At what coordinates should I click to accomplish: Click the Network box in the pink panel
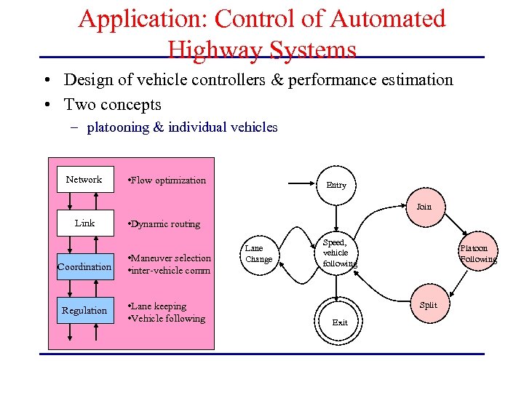click(84, 180)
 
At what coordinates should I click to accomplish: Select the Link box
click(84, 223)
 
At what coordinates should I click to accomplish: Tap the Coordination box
click(84, 267)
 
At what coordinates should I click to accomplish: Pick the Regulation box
click(84, 311)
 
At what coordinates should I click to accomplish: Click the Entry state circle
click(336, 185)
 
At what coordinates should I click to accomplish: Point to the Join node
click(424, 207)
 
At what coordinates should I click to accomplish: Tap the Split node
click(429, 305)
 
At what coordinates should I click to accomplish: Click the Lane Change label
click(258, 254)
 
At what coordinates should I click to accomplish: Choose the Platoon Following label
click(478, 254)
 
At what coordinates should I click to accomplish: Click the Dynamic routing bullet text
click(164, 224)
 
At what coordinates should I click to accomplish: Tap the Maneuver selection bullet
click(170, 258)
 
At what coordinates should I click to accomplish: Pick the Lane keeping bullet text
click(159, 306)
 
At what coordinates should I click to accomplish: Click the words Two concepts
click(113, 104)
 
